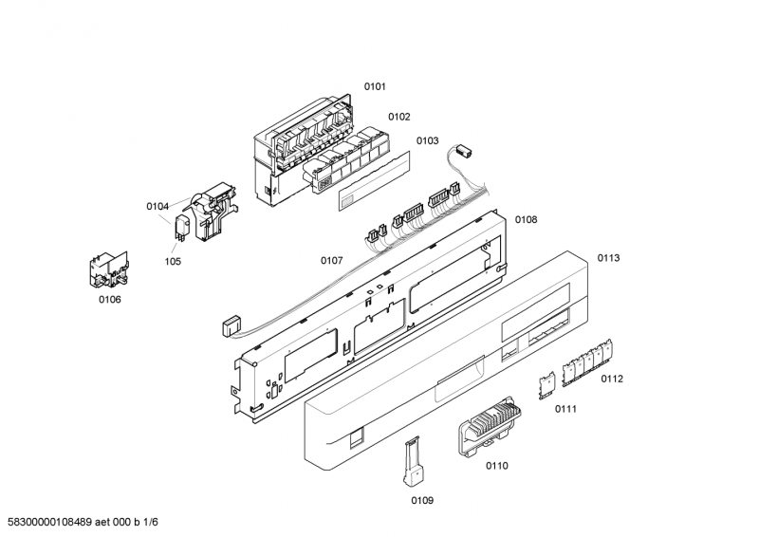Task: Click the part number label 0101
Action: click(375, 86)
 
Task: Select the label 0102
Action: click(398, 117)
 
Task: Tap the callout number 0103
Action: click(427, 140)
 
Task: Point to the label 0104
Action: click(157, 206)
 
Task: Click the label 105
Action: click(173, 262)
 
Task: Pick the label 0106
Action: click(110, 300)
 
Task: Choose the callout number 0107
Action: click(331, 260)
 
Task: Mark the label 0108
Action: click(526, 219)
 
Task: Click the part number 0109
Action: click(422, 500)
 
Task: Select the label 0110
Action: click(497, 465)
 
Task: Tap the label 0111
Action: click(565, 409)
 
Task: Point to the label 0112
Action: click(612, 379)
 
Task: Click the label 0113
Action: click(608, 258)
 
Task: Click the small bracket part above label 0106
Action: click(107, 268)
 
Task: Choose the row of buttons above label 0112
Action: click(588, 363)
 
